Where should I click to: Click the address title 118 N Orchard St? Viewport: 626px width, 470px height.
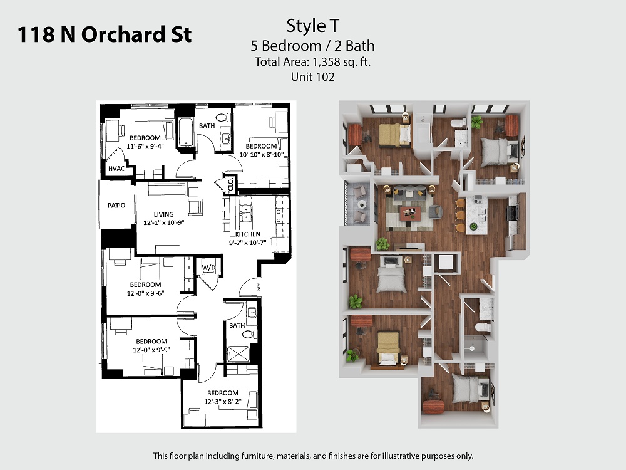tap(104, 34)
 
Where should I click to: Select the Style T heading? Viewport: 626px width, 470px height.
tap(312, 26)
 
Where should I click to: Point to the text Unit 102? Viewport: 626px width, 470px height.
tap(312, 76)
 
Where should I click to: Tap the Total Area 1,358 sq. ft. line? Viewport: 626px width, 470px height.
tap(312, 62)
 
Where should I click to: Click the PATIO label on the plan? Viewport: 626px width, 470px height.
tap(116, 206)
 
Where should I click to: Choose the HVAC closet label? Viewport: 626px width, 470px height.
tap(116, 169)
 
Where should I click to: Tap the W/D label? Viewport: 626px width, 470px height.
tap(208, 268)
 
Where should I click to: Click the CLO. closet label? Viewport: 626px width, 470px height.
tap(230, 184)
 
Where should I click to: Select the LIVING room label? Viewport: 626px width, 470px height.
tap(163, 214)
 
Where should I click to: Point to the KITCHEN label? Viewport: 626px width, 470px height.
tap(247, 234)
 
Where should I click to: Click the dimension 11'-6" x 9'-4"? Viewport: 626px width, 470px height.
tap(145, 146)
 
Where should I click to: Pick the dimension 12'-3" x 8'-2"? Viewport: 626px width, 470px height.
tap(223, 402)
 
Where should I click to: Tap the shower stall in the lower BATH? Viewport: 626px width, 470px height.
tap(238, 354)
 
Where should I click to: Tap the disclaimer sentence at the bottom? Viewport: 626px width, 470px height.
tap(314, 456)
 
